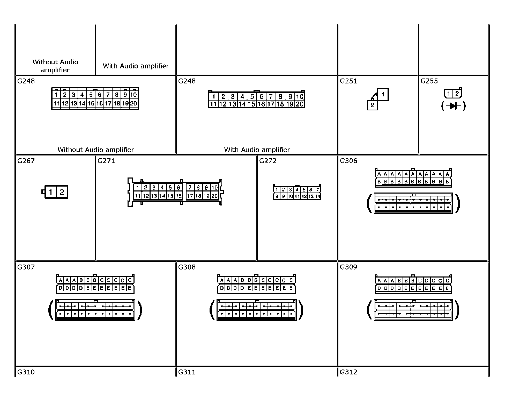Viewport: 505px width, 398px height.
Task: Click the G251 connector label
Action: click(348, 81)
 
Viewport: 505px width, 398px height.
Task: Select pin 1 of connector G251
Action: click(383, 94)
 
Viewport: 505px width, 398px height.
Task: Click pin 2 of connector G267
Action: click(62, 192)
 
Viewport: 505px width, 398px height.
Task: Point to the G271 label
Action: click(106, 161)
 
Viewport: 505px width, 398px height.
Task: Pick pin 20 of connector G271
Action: click(214, 196)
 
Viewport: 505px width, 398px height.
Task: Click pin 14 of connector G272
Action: click(317, 196)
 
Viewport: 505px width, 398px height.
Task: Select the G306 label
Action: click(348, 161)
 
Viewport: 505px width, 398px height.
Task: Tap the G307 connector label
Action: click(26, 267)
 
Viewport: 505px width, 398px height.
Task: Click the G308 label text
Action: click(187, 267)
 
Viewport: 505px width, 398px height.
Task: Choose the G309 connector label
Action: click(348, 267)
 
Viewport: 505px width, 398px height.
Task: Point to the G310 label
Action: click(26, 372)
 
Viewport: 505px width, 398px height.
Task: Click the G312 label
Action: click(348, 372)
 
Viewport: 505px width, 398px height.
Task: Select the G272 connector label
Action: click(268, 161)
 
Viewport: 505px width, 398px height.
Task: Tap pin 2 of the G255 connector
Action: click(457, 94)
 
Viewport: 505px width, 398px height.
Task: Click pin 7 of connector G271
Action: click(190, 187)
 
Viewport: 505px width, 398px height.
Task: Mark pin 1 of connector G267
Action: click(51, 192)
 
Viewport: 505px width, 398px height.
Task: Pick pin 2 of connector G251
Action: click(373, 105)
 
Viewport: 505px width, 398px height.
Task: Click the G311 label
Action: click(187, 372)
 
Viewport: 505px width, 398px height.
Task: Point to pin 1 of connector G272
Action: click(277, 190)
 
